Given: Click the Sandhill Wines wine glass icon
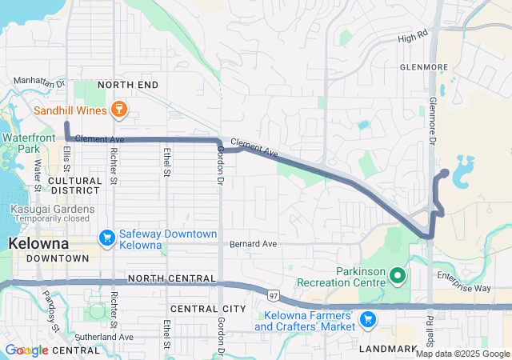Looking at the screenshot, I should (118, 109).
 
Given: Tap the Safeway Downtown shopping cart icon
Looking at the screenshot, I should (106, 238).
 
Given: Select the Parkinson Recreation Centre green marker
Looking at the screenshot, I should (398, 277).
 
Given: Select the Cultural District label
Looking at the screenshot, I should (74, 186).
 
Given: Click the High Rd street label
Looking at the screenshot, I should (413, 37).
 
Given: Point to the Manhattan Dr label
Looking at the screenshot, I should (38, 82).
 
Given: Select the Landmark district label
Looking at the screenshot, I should (388, 349).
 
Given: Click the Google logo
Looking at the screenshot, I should (26, 350).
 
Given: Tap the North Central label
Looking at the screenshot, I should (170, 278).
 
